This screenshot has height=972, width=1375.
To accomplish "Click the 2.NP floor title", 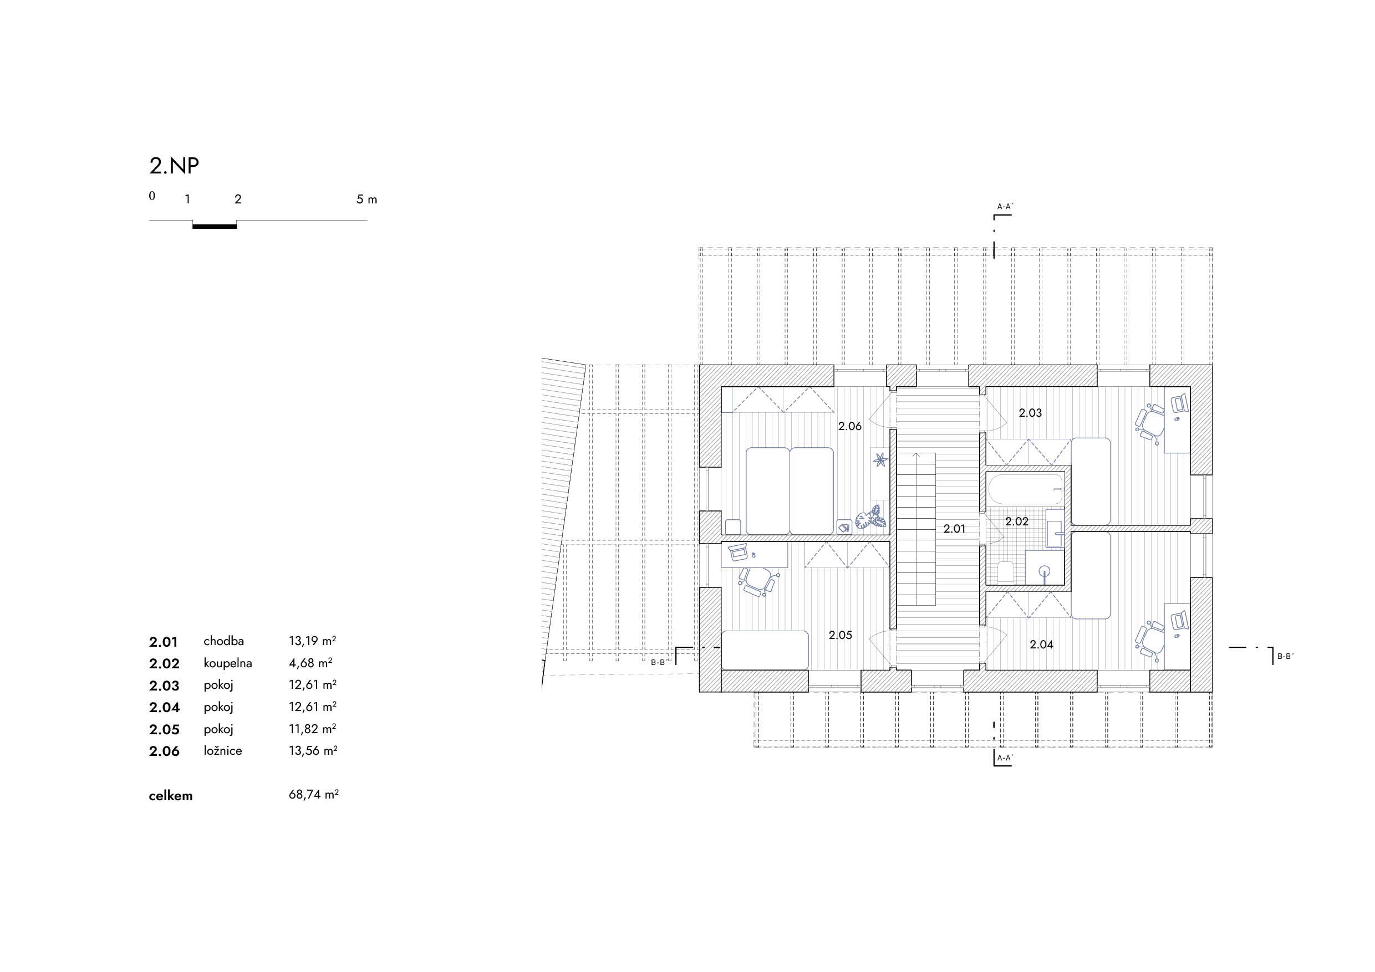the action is point(174,166).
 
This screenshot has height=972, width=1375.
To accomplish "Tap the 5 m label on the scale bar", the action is point(366,199).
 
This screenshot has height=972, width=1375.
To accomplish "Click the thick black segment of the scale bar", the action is point(215,226).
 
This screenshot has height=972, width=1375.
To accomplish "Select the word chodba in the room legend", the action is point(223,641).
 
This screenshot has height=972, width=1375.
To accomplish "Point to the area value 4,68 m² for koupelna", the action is point(310,663).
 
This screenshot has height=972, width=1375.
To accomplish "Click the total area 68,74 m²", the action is point(313,795).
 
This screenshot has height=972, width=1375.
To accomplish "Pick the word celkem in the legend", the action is point(171,796).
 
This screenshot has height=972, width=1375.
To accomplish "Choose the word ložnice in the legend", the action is point(223,750).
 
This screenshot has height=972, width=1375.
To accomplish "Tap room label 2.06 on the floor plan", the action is point(850,426).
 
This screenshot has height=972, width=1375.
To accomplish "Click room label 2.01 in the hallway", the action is point(955,529).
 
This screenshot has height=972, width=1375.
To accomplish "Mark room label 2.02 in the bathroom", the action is point(1017,521).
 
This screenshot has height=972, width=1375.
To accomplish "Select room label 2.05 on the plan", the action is point(840,635).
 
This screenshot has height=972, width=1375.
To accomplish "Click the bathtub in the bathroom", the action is point(1026,489).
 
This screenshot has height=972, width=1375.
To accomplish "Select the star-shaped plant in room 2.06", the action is point(879,459).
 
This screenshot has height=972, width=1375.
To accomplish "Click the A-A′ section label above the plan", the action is point(1005,207).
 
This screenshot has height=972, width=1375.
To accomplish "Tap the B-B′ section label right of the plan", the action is point(1285,656).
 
